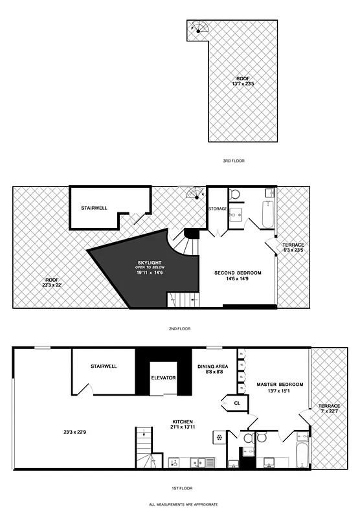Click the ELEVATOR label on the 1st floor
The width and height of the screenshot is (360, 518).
point(163,377)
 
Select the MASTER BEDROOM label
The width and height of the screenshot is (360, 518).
point(275,385)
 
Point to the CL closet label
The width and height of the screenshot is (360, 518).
point(237,403)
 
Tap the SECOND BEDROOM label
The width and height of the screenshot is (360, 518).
point(238,273)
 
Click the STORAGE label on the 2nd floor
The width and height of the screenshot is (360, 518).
point(217,209)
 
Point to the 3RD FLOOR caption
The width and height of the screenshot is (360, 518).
point(234,161)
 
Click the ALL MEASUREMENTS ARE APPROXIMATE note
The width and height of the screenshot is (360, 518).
point(183,504)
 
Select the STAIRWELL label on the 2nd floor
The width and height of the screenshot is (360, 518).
point(94,208)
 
